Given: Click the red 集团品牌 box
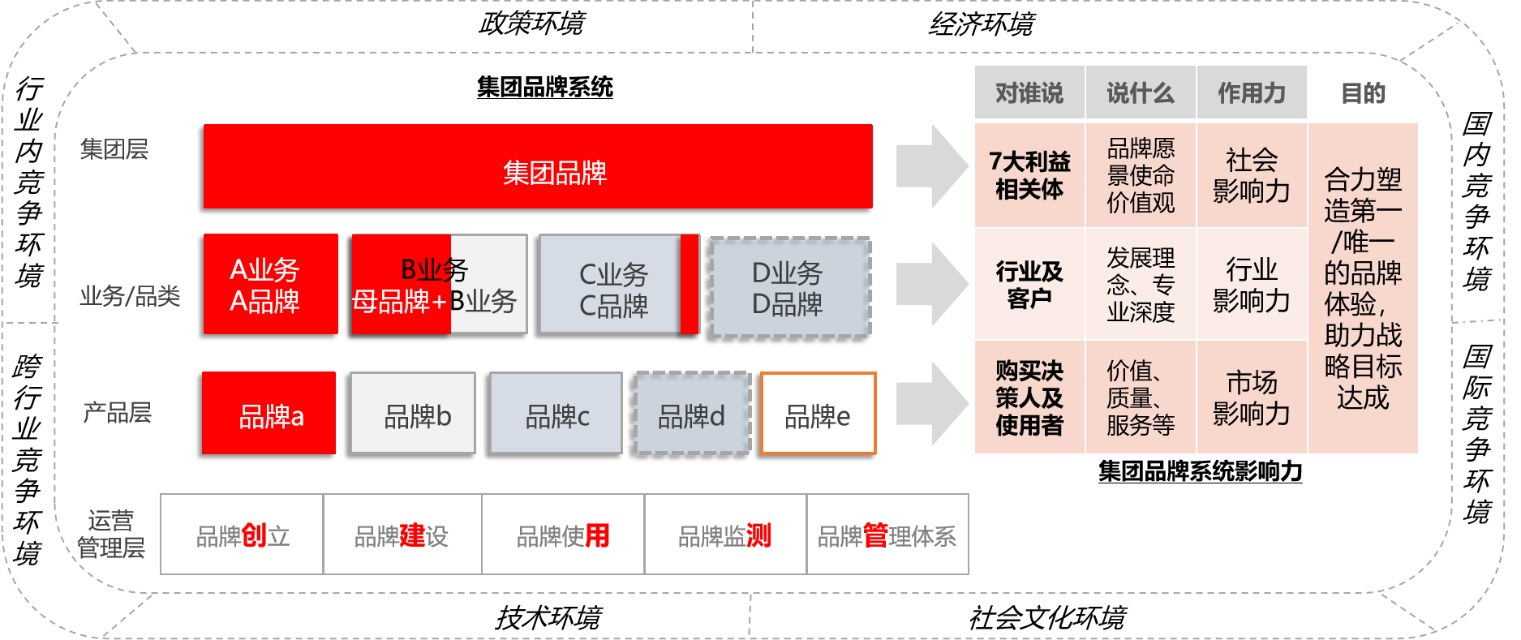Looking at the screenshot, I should tap(538, 167).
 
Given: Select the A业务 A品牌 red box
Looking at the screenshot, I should tap(271, 284).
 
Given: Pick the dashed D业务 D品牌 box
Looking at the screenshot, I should tap(790, 287).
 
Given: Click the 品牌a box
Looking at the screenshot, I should tap(269, 413).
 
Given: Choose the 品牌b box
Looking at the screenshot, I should tap(413, 413).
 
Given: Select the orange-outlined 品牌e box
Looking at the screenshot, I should tap(818, 413).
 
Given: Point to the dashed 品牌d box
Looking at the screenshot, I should tap(692, 413).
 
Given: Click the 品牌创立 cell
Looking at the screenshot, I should tap(243, 535).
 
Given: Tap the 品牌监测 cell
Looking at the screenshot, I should tap(725, 535).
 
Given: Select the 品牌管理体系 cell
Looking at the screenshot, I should tap(887, 535).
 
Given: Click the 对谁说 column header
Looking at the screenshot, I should tap(1029, 93).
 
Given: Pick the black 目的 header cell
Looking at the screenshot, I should tap(1363, 93).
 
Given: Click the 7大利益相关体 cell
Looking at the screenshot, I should tap(1029, 175).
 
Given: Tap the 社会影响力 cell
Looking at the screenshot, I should tap(1251, 175).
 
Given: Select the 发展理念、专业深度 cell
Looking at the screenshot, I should tap(1140, 284).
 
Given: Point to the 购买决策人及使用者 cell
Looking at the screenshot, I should tap(1029, 397).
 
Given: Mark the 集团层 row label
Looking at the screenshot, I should tap(114, 149).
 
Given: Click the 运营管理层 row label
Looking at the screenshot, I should tap(110, 534).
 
